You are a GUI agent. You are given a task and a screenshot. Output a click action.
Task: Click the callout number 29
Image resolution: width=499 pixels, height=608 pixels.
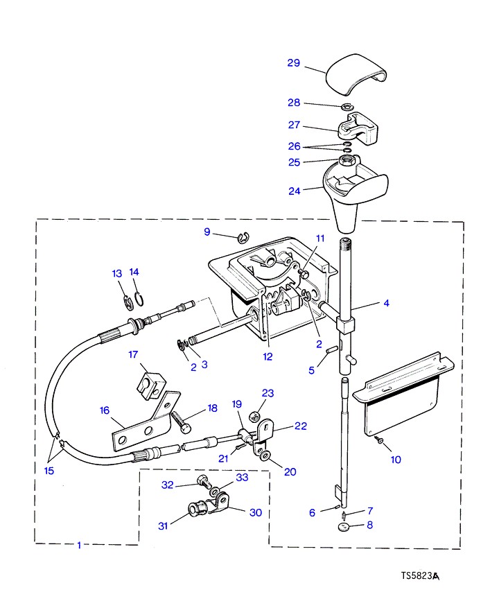(x=293, y=63)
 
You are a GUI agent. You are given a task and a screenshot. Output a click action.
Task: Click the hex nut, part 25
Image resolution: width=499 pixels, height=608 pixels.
(x=345, y=159)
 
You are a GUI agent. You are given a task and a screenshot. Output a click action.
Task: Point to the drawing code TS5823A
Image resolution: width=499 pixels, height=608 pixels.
(x=420, y=576)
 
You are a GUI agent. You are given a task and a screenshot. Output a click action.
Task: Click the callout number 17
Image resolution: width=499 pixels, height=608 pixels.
(x=133, y=354)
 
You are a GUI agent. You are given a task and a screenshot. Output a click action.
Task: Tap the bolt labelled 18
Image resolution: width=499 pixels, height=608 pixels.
(x=181, y=421)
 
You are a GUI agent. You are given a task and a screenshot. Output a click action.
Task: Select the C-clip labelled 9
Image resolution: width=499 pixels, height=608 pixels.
(x=243, y=237)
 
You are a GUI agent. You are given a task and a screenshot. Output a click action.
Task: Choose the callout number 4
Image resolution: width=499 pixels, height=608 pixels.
(x=386, y=303)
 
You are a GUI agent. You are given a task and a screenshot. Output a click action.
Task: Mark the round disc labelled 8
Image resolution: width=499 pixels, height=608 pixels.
(x=343, y=527)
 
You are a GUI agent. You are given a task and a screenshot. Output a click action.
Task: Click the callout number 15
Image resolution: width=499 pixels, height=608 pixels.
(x=49, y=471)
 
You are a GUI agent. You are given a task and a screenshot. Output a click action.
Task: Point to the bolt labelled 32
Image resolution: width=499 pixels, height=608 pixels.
(x=204, y=481)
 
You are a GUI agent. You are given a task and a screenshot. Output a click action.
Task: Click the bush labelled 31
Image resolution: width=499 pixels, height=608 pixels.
(x=194, y=508)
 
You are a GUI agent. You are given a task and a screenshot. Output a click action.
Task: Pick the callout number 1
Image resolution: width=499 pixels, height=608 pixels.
(x=79, y=545)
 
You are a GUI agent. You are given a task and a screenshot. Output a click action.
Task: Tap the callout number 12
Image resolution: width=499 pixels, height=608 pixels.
(x=268, y=357)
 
